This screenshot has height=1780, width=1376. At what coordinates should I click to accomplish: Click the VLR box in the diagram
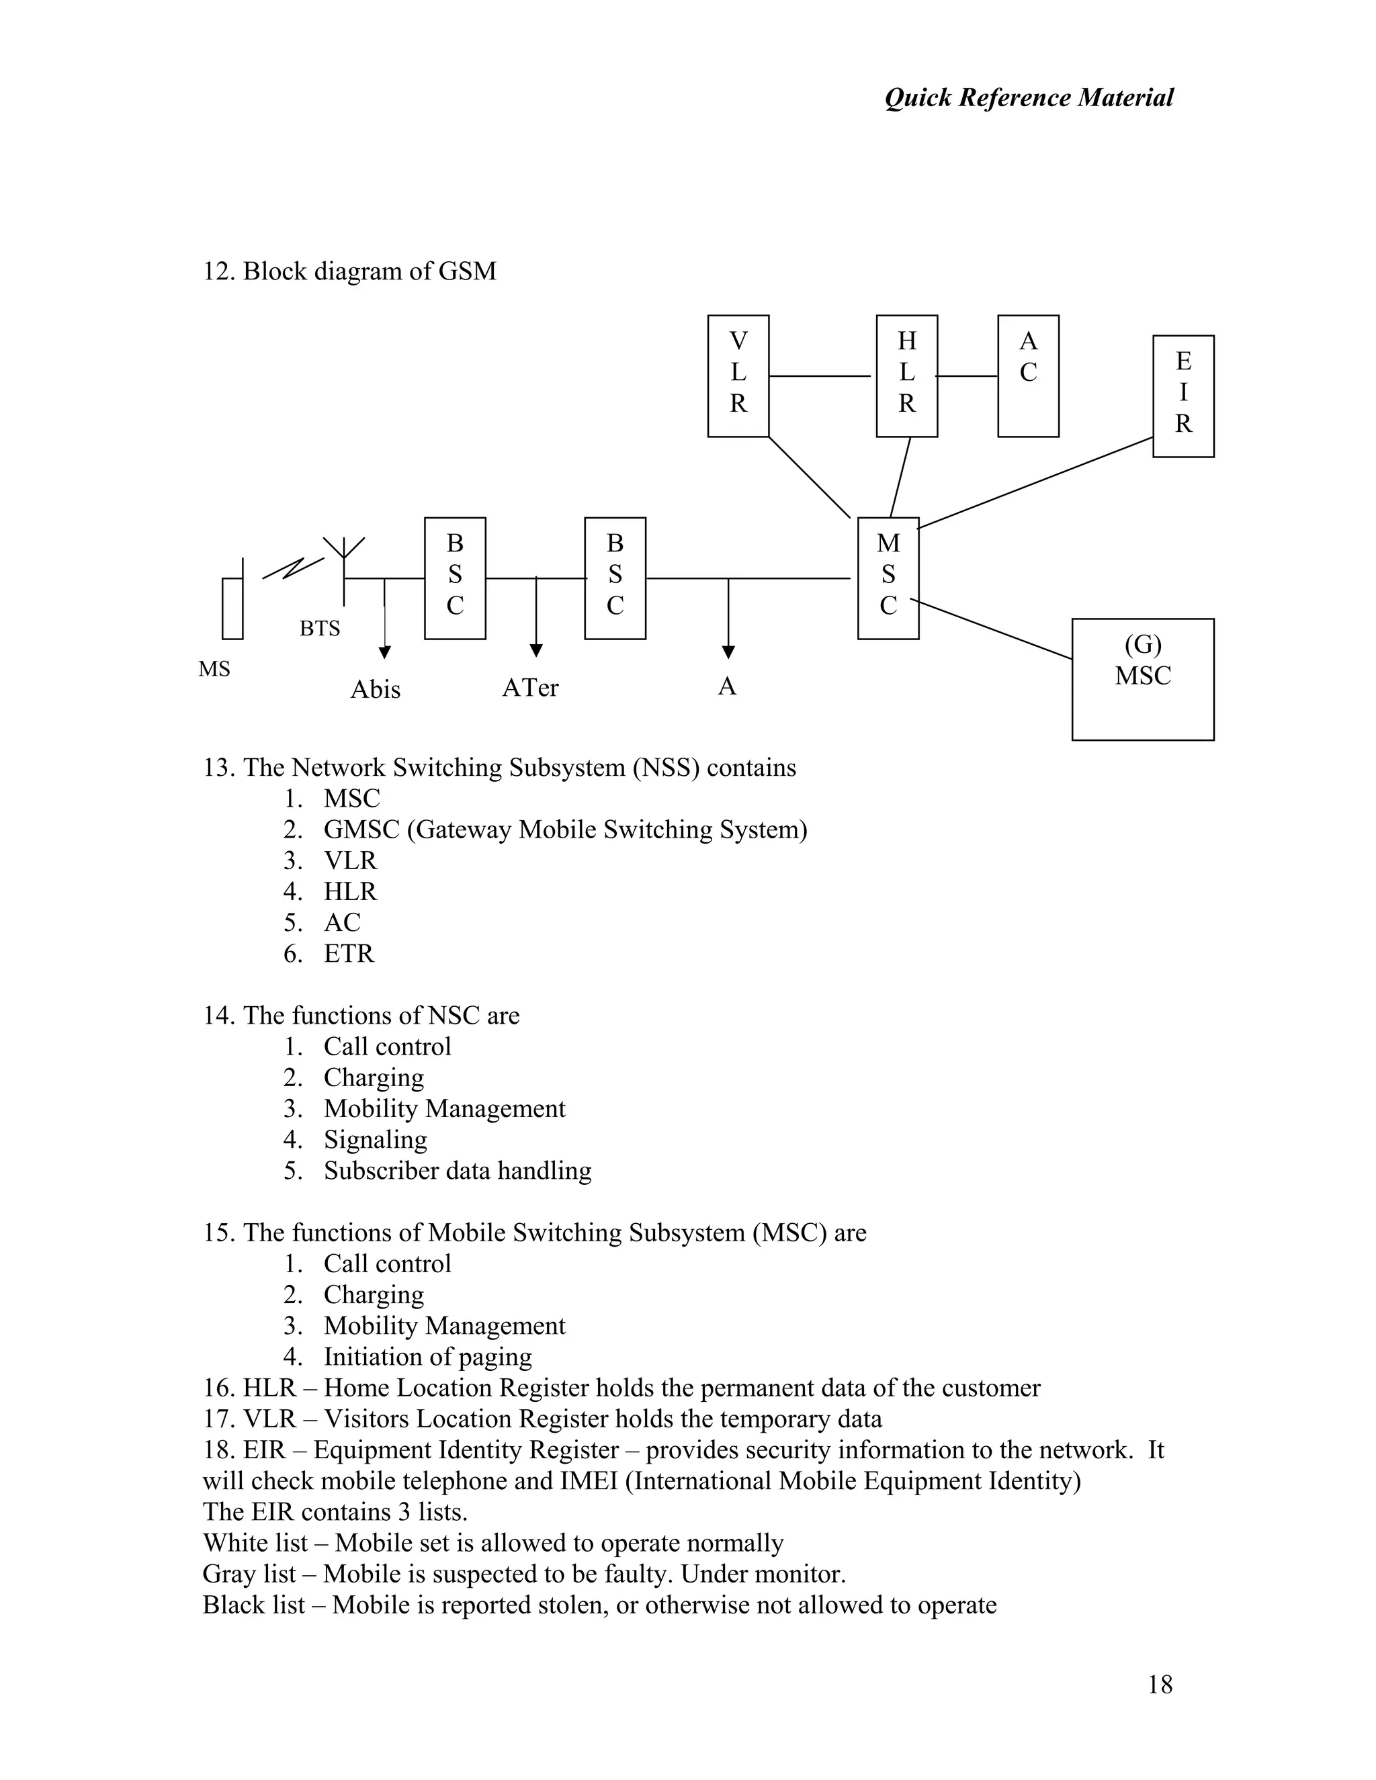coord(738,375)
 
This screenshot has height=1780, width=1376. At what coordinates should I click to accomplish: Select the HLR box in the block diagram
coord(906,375)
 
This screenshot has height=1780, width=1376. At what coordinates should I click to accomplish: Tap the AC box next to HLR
coord(1028,375)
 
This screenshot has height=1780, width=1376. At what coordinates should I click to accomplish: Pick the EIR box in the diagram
coord(1182,396)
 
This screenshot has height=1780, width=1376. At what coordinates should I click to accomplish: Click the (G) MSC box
coord(1142,679)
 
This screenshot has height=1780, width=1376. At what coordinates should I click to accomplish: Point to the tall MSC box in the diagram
coord(888,578)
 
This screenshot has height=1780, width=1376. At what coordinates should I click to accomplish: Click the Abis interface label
coord(375,690)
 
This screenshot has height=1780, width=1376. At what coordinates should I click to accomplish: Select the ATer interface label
coord(530,688)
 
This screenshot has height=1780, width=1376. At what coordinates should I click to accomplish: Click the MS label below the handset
coord(214,669)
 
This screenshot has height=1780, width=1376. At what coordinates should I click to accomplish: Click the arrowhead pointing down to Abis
coord(385,652)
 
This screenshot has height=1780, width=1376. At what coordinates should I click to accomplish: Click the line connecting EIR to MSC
coord(1035,482)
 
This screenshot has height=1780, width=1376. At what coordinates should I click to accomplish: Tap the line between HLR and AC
coord(967,375)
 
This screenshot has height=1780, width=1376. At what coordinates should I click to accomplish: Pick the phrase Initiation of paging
coord(427,1356)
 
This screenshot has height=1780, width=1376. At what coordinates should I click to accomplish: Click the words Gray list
coord(249,1573)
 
